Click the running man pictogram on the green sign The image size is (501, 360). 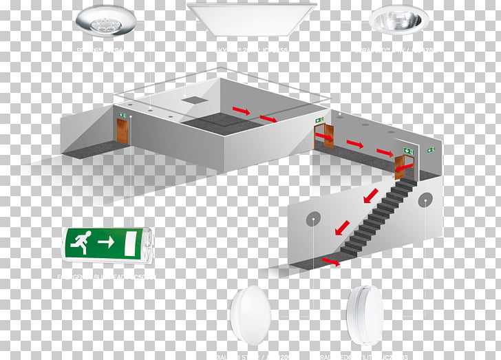pyautogui.click(x=80, y=242)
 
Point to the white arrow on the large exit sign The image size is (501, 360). pyautogui.click(x=105, y=242)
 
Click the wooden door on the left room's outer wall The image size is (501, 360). pyautogui.click(x=122, y=131)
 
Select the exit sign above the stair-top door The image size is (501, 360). pyautogui.click(x=408, y=150)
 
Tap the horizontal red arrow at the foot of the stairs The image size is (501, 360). pyautogui.click(x=331, y=261)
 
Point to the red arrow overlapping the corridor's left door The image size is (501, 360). pyautogui.click(x=325, y=139)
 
